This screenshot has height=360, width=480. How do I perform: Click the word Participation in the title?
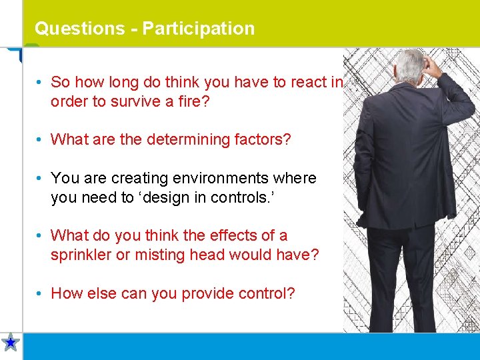[x=198, y=29]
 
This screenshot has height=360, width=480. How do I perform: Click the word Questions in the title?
[x=79, y=29]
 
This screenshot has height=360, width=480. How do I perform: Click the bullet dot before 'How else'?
[x=41, y=293]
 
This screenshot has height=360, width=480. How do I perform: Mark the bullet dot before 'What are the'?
[x=41, y=140]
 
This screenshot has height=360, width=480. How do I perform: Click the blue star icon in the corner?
[x=11, y=343]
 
